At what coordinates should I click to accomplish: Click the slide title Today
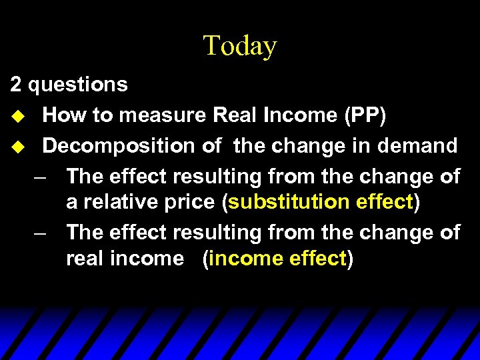tap(239, 46)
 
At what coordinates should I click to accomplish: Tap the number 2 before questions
tap(15, 85)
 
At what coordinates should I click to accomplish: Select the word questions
tap(78, 85)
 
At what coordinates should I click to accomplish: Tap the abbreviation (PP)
tap(365, 115)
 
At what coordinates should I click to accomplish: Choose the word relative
tap(116, 202)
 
